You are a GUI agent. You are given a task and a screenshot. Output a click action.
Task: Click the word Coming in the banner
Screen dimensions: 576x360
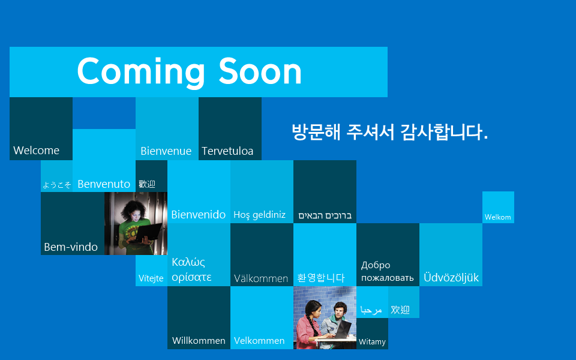click(x=141, y=73)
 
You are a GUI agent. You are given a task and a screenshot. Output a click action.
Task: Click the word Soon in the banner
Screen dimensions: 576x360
click(x=260, y=71)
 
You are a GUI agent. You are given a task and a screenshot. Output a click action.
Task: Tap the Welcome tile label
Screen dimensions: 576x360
click(x=37, y=150)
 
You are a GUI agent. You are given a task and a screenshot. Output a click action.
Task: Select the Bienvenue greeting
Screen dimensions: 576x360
click(x=166, y=151)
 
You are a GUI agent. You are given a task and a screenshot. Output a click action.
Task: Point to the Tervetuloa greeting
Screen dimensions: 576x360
click(x=227, y=151)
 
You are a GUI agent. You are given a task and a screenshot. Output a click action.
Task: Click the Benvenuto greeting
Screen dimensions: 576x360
click(x=104, y=184)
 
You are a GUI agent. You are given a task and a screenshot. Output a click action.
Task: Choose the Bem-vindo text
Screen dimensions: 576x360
click(x=71, y=247)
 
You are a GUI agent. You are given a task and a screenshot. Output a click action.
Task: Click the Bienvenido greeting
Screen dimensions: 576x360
click(x=199, y=215)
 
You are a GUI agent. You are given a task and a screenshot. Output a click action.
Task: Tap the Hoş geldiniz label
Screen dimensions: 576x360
click(x=259, y=215)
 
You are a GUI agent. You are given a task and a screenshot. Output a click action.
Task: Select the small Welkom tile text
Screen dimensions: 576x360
click(x=498, y=217)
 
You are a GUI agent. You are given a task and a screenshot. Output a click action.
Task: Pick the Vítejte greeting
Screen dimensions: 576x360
click(x=151, y=278)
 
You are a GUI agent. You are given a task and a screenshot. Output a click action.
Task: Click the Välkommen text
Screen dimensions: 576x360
click(x=261, y=278)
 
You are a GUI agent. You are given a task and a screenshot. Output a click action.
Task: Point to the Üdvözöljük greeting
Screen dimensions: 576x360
click(x=451, y=277)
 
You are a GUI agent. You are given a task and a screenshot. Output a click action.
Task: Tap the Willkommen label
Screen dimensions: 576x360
click(x=199, y=341)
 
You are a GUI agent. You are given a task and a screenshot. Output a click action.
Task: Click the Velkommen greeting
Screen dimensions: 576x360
click(x=259, y=341)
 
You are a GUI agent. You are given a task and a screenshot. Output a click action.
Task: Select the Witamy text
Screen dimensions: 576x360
click(x=372, y=342)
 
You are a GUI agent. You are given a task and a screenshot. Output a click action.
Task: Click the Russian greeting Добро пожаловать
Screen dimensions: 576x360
click(x=388, y=271)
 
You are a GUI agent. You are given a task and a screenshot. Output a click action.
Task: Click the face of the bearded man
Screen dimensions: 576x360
click(x=340, y=312)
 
